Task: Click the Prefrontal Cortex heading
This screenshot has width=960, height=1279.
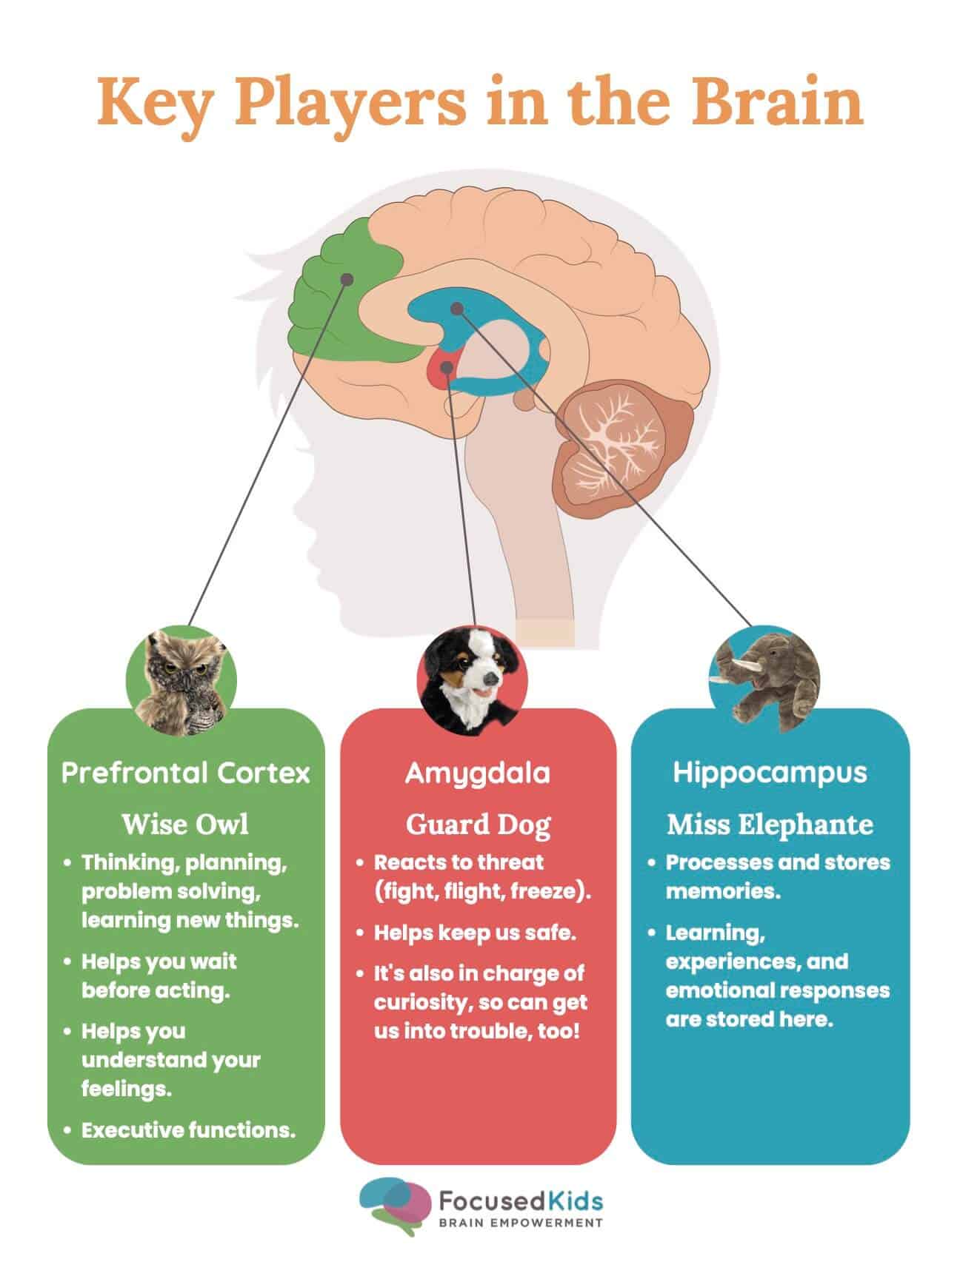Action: pos(185,773)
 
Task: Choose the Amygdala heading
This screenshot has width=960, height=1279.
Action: pos(478,773)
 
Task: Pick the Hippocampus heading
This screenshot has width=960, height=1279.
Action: pos(770,772)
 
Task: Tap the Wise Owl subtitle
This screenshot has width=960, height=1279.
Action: pos(185,824)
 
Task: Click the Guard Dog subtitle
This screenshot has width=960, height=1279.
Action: pos(478,824)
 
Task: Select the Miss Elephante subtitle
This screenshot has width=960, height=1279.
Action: pos(770,824)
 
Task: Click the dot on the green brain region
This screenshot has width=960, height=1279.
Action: pos(345,279)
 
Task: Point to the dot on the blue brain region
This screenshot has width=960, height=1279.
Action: pos(457,308)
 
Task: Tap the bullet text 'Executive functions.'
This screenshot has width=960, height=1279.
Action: pos(188,1130)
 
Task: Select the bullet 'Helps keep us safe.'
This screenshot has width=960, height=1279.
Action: pos(475,933)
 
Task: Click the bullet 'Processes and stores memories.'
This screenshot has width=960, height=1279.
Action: pos(777,876)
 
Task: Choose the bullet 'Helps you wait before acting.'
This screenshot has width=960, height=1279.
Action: pos(159,976)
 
